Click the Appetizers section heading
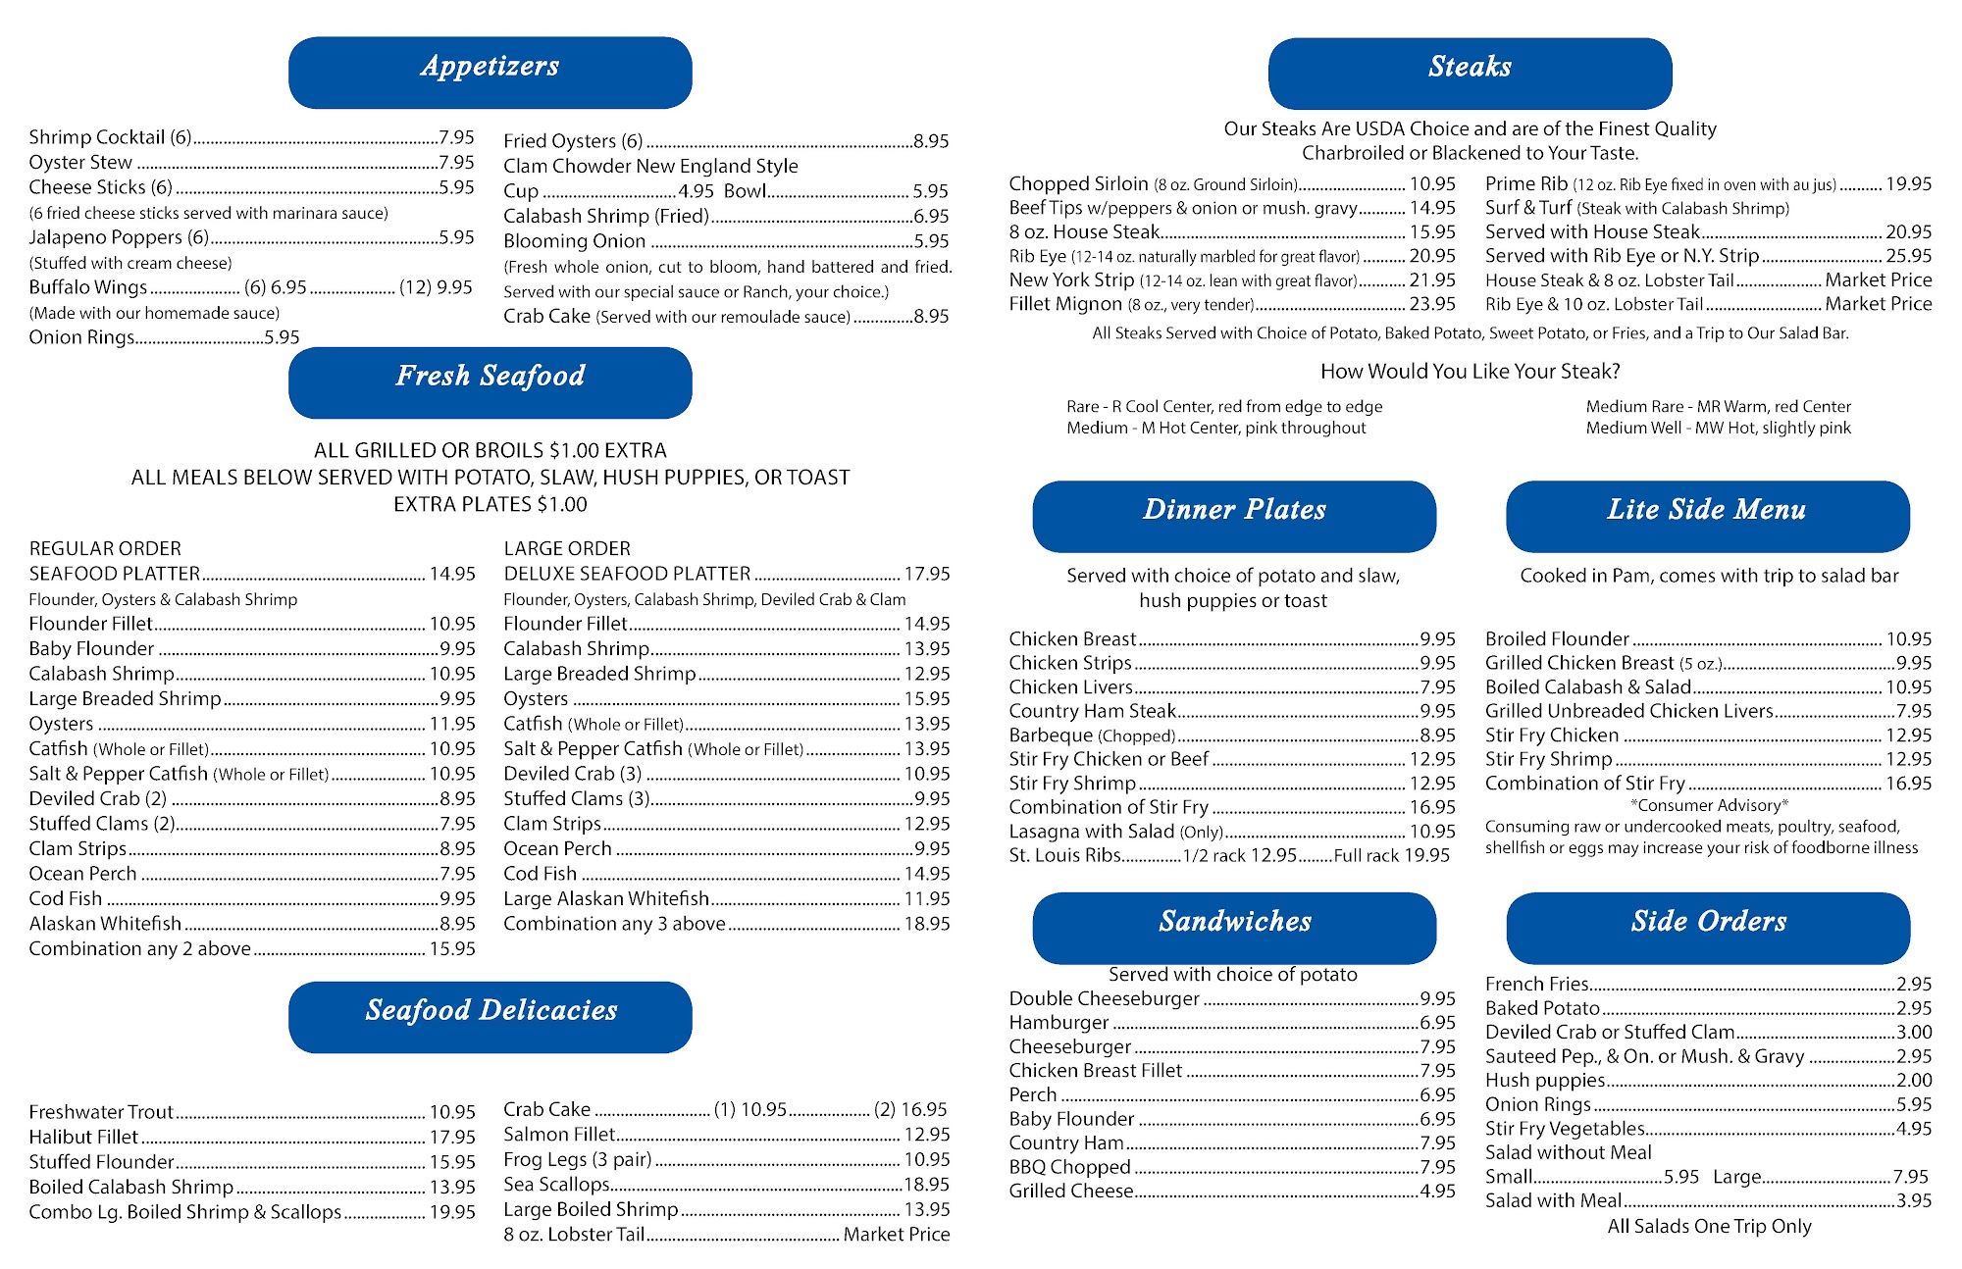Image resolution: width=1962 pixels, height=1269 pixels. click(x=490, y=67)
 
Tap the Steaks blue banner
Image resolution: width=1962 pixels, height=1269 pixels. click(x=1470, y=68)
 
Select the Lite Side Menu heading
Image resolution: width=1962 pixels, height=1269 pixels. click(x=1707, y=510)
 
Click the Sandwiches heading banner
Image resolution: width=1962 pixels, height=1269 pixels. click(x=1234, y=922)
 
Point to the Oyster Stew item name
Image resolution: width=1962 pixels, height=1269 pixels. click(x=80, y=163)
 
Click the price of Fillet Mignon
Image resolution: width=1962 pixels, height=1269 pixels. click(x=1432, y=305)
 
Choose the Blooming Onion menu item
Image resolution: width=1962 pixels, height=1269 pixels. click(x=575, y=241)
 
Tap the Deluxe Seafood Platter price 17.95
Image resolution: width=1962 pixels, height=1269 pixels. click(x=927, y=574)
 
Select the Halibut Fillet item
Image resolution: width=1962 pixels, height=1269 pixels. click(x=83, y=1138)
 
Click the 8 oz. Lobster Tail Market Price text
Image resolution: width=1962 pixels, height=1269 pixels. click(x=896, y=1235)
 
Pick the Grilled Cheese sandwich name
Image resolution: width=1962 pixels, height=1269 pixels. click(x=1071, y=1192)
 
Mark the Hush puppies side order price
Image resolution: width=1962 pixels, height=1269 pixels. click(x=1914, y=1081)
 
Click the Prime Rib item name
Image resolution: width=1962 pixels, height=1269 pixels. click(x=1526, y=184)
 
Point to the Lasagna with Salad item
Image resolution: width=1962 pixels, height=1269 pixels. click(x=1091, y=832)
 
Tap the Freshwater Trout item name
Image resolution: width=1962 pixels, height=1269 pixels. click(x=101, y=1112)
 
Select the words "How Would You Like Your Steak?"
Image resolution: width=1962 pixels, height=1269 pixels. click(x=1470, y=372)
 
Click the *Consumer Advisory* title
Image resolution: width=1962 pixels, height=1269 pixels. click(x=1709, y=805)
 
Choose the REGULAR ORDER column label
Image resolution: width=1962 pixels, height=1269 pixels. click(x=105, y=549)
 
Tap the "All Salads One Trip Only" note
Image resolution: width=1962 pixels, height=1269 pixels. click(x=1709, y=1227)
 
